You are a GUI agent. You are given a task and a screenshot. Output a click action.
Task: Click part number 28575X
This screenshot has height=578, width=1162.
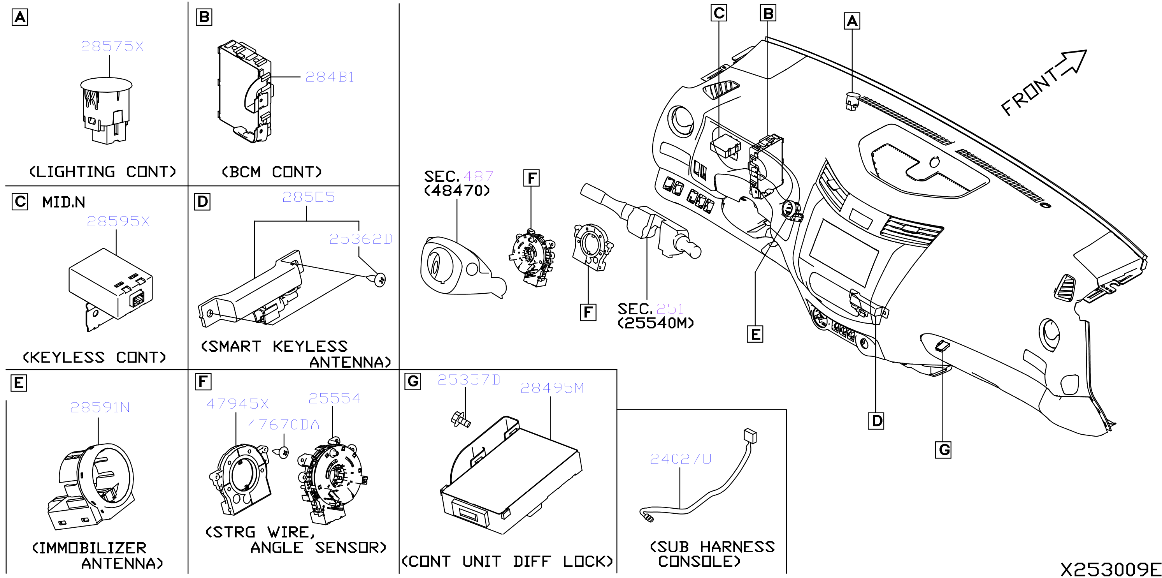click(x=112, y=46)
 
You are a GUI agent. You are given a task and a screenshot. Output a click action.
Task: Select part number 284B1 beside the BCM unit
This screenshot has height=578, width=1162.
click(x=330, y=77)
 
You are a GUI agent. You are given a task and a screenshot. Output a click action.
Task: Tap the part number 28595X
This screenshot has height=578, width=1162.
click(x=118, y=221)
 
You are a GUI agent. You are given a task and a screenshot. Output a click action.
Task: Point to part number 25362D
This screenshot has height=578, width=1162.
click(x=361, y=239)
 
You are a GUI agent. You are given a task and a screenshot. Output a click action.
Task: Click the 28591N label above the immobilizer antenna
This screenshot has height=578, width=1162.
click(x=100, y=408)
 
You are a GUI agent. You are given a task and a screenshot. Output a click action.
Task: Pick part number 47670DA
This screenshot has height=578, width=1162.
click(x=284, y=425)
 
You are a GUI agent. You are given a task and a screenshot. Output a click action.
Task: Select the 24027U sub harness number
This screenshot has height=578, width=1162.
click(x=680, y=459)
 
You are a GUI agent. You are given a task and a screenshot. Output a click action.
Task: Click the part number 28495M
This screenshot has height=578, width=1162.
click(x=552, y=388)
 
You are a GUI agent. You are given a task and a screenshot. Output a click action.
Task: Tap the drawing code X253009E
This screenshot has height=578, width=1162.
click(x=1111, y=569)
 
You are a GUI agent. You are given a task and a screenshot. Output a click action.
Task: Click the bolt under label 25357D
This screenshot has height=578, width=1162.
click(x=461, y=419)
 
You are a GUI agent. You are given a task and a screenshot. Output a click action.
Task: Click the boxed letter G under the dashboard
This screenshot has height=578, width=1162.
click(x=943, y=450)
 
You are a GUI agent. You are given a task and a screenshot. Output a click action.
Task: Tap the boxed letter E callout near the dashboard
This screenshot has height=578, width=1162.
click(x=755, y=334)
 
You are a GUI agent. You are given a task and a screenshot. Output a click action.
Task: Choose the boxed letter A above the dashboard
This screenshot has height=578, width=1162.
click(x=851, y=21)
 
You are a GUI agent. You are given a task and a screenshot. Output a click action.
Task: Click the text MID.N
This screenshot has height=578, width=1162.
click(x=63, y=202)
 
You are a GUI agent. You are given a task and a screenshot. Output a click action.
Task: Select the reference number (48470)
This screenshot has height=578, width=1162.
click(x=457, y=190)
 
